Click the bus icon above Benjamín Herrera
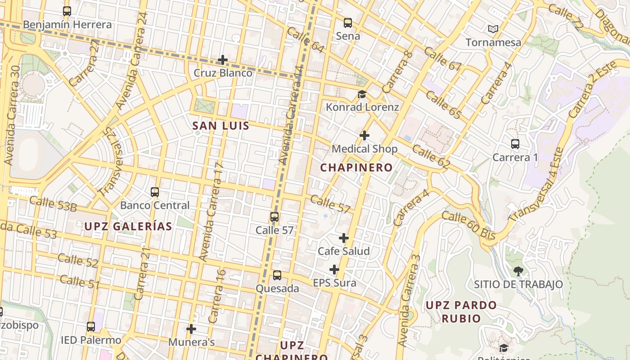pyautogui.click(x=67, y=11)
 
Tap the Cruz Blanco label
pyautogui.click(x=223, y=73)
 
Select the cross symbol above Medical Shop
pyautogui.click(x=364, y=135)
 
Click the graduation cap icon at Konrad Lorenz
pyautogui.click(x=362, y=94)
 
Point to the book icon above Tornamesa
pyautogui.click(x=493, y=29)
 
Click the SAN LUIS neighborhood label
pyautogui.click(x=220, y=126)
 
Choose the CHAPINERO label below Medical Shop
pyautogui.click(x=356, y=168)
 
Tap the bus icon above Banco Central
pyautogui.click(x=155, y=192)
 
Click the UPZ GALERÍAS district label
pyautogui.click(x=128, y=226)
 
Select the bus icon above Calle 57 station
pyautogui.click(x=274, y=217)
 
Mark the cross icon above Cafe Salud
pyautogui.click(x=344, y=238)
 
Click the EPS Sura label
pyautogui.click(x=334, y=283)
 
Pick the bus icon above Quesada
pyautogui.click(x=277, y=275)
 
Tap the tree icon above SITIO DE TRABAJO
pyautogui.click(x=518, y=271)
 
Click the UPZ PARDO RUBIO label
pyautogui.click(x=461, y=312)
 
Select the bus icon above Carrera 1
pyautogui.click(x=515, y=144)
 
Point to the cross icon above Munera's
pyautogui.click(x=191, y=329)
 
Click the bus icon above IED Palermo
pyautogui.click(x=91, y=327)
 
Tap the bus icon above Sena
pyautogui.click(x=348, y=23)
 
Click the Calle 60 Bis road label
pyautogui.click(x=468, y=225)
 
